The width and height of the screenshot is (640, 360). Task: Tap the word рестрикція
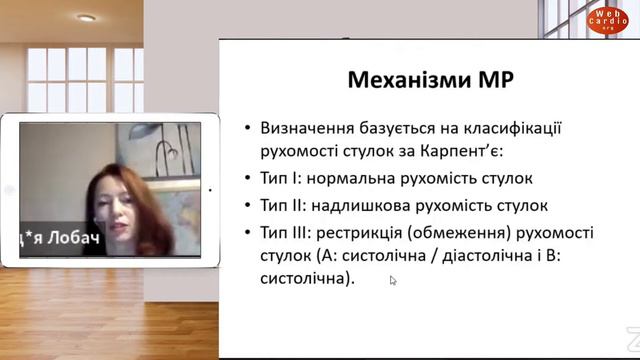point(366,233)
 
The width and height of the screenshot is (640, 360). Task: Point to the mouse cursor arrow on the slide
point(393,281)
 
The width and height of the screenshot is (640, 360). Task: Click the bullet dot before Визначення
point(247,130)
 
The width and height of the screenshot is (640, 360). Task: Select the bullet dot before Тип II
point(247,207)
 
